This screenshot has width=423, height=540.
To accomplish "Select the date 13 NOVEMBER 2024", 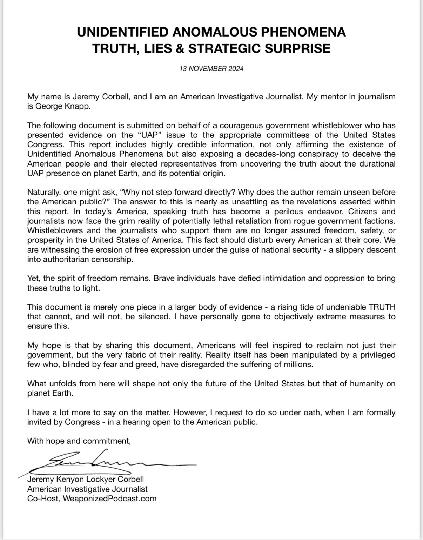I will pyautogui.click(x=211, y=69).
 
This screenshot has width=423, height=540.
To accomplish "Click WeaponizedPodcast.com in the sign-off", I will pyautogui.click(x=109, y=498).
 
